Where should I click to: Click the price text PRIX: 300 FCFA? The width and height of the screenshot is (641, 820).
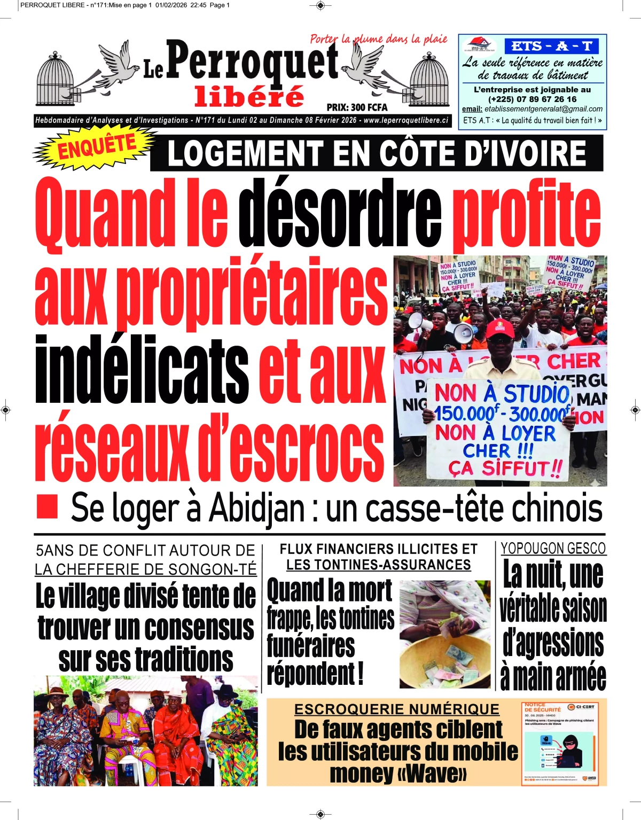click(357, 107)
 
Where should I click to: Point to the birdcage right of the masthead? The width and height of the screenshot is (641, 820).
click(429, 80)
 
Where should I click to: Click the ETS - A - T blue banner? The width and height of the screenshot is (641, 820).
click(551, 46)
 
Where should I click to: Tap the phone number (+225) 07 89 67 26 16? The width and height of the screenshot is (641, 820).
click(532, 99)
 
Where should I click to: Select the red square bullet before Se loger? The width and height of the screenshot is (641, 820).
click(46, 506)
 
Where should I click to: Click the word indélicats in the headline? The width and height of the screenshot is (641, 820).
click(142, 370)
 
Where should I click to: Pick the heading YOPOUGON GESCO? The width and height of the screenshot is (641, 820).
click(553, 549)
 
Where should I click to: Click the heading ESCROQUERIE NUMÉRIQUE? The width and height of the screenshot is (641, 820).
click(396, 709)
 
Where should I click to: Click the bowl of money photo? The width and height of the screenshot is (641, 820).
click(444, 634)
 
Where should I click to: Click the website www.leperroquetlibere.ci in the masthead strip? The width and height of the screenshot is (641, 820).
click(405, 121)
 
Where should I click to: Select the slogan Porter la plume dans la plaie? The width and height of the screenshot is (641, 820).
click(378, 39)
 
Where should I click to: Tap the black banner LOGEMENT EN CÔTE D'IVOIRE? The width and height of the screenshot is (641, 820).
click(377, 153)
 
